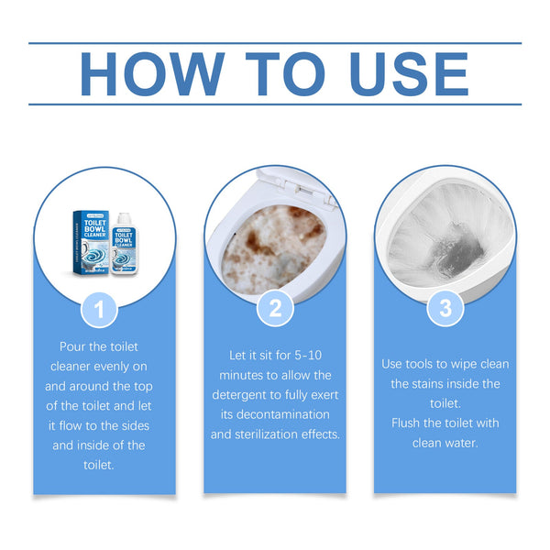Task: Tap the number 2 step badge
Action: tap(274, 309)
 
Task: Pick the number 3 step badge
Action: tap(445, 309)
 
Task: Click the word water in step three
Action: tap(465, 445)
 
